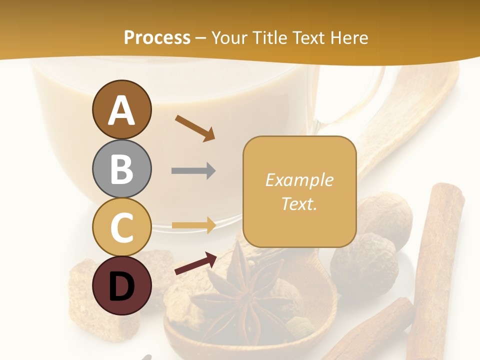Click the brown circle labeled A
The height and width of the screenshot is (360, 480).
[121, 109]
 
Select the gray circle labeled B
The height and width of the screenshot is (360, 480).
[121, 168]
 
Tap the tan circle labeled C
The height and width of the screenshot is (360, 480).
[121, 227]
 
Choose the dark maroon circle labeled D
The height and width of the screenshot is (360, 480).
[121, 285]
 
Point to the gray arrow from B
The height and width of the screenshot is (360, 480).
[193, 171]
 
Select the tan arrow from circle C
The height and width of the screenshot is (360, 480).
[193, 225]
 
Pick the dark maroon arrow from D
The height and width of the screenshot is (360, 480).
[195, 263]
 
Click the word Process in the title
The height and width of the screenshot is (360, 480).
[157, 37]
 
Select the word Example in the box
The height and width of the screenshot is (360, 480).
[299, 180]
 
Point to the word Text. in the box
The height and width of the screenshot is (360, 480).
[299, 203]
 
